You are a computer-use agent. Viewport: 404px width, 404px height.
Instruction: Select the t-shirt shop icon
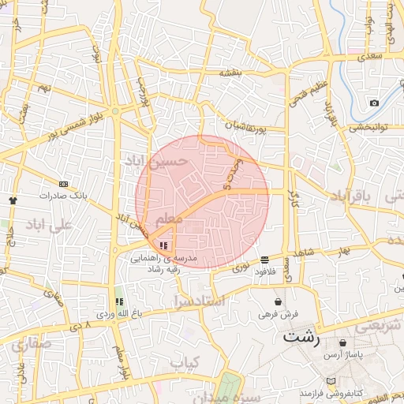click(13, 200)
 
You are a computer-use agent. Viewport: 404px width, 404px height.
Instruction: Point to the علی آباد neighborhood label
click(49, 225)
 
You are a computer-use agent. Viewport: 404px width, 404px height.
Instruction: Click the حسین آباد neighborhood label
click(156, 161)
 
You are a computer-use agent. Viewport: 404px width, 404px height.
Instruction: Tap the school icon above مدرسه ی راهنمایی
click(163, 246)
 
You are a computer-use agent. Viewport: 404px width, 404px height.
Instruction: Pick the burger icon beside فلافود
click(264, 259)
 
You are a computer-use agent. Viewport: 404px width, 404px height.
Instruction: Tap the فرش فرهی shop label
click(279, 314)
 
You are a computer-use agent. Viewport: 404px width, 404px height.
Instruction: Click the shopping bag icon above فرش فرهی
click(278, 301)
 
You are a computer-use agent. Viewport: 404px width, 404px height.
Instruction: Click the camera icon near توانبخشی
click(374, 103)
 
